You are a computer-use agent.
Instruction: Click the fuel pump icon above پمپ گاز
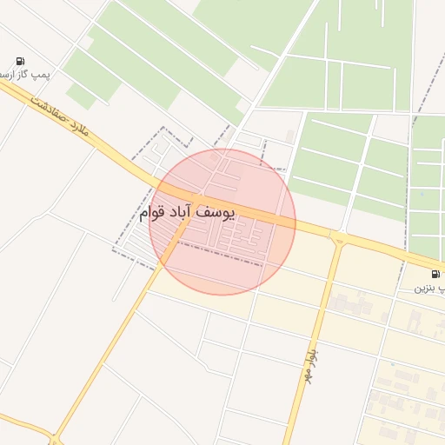click(19, 61)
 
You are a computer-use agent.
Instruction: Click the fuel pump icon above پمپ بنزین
click(435, 274)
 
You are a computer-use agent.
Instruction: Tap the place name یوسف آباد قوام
click(187, 212)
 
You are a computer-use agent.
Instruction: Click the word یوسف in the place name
click(217, 212)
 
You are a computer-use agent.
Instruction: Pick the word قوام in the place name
click(152, 212)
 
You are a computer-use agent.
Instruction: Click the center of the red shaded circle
click(222, 222)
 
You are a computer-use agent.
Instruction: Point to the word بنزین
click(422, 287)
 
